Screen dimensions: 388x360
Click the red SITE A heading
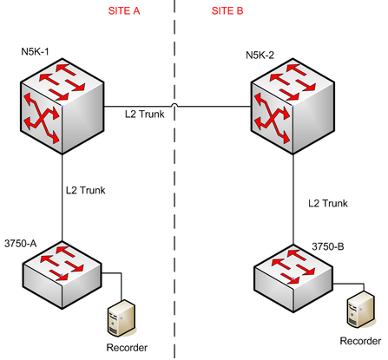point(124,10)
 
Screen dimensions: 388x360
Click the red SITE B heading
point(227,10)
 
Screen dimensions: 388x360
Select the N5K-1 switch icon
point(62,106)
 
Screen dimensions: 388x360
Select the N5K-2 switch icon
point(293,106)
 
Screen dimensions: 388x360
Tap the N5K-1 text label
point(35,51)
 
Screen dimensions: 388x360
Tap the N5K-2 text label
point(260,55)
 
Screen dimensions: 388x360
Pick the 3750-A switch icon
point(62,275)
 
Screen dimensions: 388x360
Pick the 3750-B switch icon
point(293,278)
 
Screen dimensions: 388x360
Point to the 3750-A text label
point(21,244)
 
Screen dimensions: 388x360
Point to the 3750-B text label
point(328,246)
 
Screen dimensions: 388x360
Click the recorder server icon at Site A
point(122,318)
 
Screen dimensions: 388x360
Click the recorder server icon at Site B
point(361,310)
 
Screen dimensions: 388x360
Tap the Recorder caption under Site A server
point(127,347)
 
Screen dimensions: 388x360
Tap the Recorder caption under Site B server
point(360,341)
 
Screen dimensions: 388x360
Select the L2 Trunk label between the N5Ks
point(145,114)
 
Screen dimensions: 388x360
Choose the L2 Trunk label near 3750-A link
point(86,190)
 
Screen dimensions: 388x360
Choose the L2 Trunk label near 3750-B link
point(328,203)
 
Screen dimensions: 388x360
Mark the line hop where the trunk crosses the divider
point(174,104)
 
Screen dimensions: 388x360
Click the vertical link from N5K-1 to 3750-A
point(62,198)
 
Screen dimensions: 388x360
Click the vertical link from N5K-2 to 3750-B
point(293,200)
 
